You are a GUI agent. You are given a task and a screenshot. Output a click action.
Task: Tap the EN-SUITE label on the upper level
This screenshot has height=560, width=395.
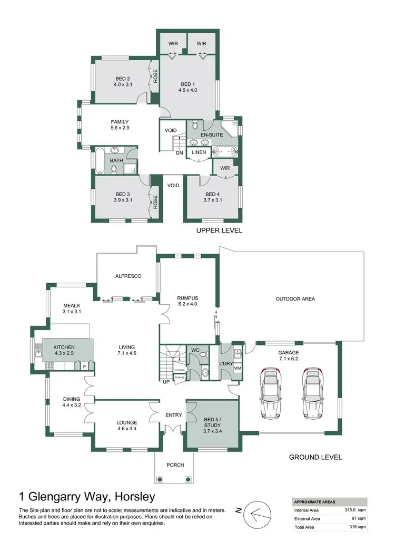211,135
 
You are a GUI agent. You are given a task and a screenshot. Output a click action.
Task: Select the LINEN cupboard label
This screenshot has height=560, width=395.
199,153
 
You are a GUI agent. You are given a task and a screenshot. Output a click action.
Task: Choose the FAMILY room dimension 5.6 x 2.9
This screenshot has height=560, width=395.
120,128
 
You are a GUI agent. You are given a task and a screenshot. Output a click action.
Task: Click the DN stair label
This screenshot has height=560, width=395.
179,153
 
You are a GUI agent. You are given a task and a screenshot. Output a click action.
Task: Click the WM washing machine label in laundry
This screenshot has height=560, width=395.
237,368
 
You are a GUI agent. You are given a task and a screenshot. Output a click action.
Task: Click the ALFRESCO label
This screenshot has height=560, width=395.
128,276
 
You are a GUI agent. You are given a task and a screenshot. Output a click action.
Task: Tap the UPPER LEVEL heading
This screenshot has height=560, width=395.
219,230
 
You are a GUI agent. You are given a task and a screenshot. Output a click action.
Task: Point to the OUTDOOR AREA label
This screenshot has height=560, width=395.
295,299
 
